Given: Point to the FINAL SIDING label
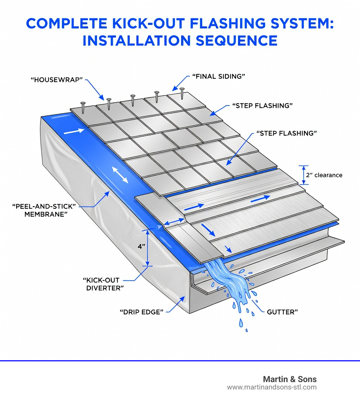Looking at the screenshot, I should point(218,76).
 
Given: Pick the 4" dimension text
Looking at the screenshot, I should point(141,247).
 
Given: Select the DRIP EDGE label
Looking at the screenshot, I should point(142,312).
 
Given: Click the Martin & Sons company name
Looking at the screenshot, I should point(290,379).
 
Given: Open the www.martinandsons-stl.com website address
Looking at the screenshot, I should point(272,387).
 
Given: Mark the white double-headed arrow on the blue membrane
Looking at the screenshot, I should point(120,175).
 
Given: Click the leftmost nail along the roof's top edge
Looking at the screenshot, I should point(83,107).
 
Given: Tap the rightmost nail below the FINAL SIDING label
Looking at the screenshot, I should point(182,93).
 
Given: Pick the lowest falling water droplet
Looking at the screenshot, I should point(246,330).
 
